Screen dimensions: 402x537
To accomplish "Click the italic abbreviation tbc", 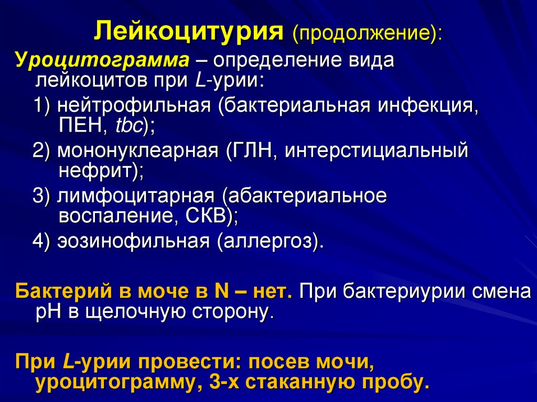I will point(122,126).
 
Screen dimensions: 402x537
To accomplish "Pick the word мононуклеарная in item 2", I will point(138,151).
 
